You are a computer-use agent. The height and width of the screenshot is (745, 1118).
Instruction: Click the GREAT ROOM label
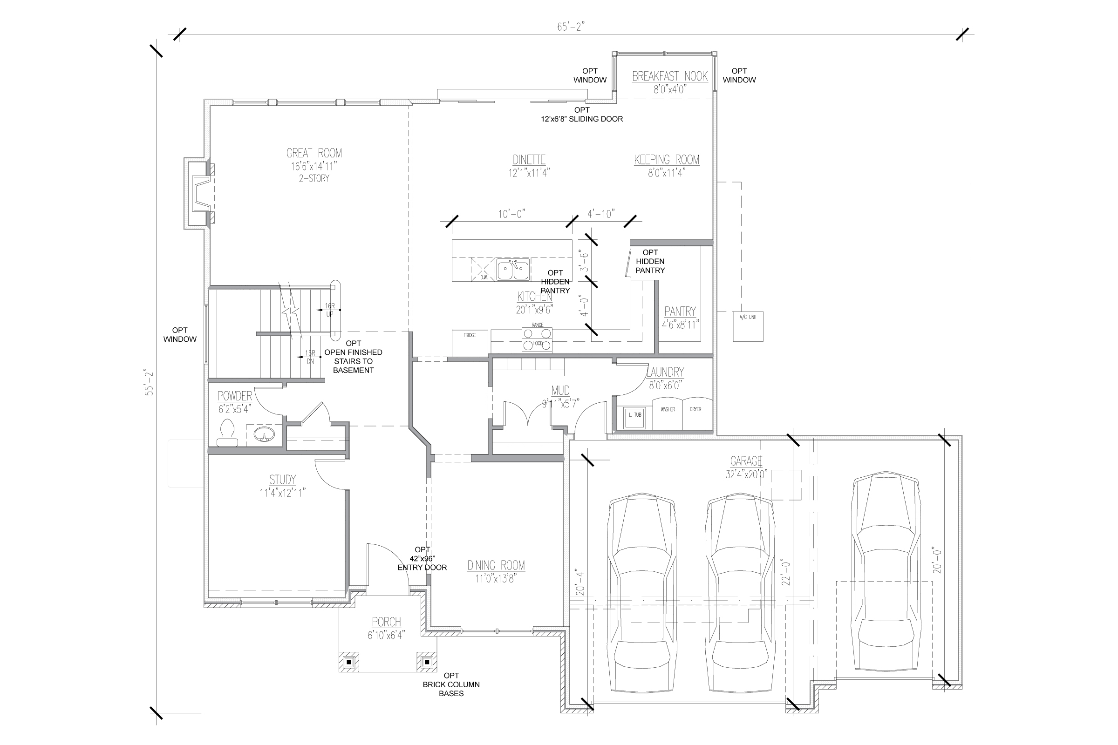click(x=314, y=154)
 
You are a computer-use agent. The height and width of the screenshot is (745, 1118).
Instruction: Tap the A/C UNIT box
click(x=748, y=326)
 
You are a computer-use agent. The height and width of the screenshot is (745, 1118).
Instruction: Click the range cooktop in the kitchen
click(x=537, y=340)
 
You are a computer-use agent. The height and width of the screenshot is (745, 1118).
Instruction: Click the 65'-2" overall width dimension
click(x=570, y=27)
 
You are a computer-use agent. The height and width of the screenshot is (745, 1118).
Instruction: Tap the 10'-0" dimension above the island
click(x=511, y=214)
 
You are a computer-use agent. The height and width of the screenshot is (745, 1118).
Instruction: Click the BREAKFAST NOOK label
click(x=669, y=76)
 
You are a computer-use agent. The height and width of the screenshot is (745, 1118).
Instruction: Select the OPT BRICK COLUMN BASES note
click(x=451, y=684)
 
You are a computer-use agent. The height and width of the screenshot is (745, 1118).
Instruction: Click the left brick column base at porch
click(x=349, y=662)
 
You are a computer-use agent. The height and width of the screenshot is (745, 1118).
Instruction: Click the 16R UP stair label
click(x=329, y=310)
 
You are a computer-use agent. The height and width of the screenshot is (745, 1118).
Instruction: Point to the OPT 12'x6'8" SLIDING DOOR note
click(x=582, y=115)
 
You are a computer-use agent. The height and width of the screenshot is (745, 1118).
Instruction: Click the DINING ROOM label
click(x=496, y=565)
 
